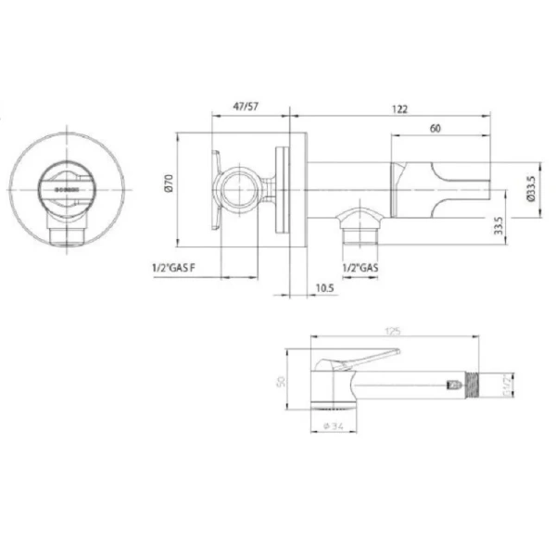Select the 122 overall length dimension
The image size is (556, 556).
click(x=399, y=108)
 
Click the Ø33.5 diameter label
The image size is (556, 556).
click(x=532, y=190)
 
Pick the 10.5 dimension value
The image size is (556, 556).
click(x=324, y=289)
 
